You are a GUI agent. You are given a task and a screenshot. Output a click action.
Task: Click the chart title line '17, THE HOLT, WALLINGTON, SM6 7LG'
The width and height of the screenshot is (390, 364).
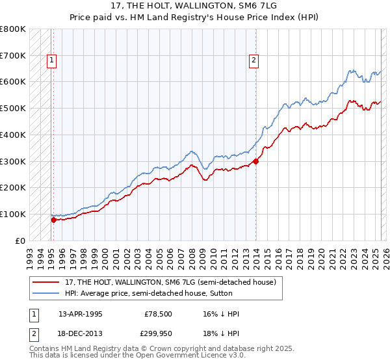point(194,7)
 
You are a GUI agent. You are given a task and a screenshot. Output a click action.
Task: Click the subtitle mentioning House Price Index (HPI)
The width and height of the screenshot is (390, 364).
point(194,18)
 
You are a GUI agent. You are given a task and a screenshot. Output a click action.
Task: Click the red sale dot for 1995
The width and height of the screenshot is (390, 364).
point(53,220)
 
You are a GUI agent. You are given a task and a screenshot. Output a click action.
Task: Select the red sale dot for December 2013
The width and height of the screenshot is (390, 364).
point(256,161)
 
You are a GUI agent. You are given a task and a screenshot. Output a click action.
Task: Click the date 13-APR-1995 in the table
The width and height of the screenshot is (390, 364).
point(80,314)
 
